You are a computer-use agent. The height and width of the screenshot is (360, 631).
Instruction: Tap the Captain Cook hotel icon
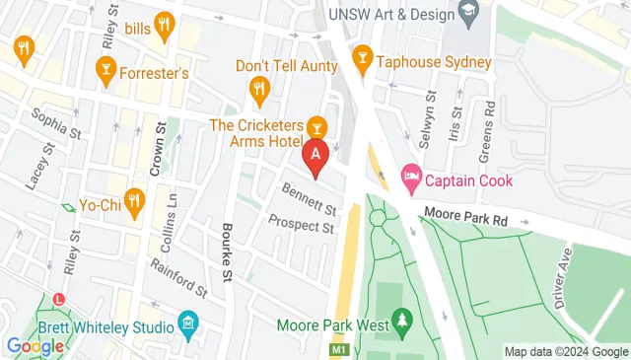click(411, 180)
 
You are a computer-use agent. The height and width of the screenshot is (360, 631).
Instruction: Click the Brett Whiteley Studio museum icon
click(188, 324)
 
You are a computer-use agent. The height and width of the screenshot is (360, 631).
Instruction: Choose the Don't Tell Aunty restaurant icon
click(259, 90)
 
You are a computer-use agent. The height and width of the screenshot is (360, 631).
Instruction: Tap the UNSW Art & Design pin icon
click(468, 13)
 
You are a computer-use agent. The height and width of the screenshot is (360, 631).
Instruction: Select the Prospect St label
click(301, 226)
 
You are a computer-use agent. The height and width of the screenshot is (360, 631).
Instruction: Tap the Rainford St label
click(178, 278)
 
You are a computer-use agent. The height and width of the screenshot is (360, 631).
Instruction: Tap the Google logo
click(35, 346)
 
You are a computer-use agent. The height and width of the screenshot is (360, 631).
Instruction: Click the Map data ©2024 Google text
click(566, 351)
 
